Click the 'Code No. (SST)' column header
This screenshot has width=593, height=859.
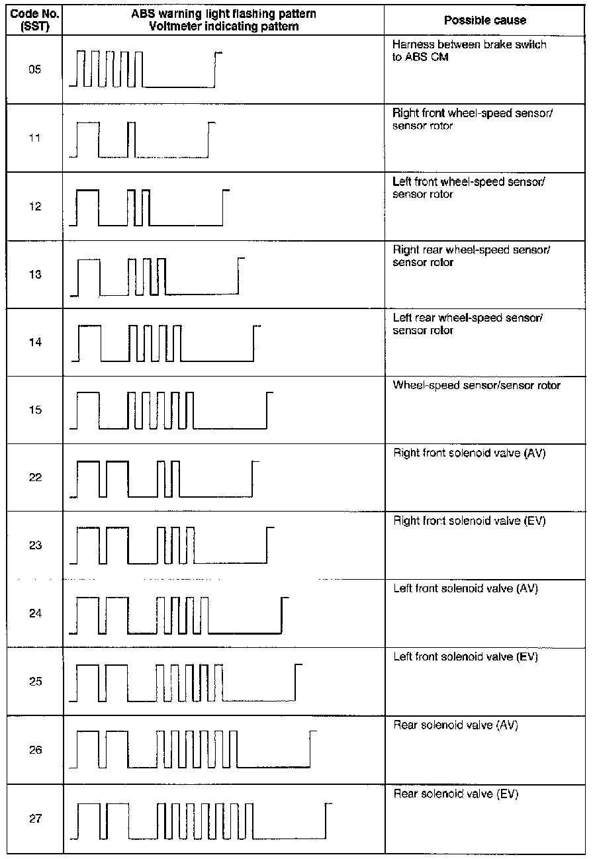[x=35, y=20]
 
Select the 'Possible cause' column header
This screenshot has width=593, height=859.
[x=484, y=20]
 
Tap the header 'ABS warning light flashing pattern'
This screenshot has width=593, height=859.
[x=224, y=15]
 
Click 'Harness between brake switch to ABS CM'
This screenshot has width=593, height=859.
[x=470, y=50]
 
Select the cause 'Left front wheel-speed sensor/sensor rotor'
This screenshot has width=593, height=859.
[x=469, y=188]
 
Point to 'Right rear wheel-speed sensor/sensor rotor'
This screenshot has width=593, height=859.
[x=471, y=255]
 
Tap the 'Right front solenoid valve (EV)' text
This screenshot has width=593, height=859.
[x=469, y=521]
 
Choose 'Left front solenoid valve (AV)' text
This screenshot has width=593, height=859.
[x=465, y=588]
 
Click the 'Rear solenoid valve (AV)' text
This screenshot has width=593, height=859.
[x=455, y=725]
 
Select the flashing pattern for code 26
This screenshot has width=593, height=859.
[x=192, y=750]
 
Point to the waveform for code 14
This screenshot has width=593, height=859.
[x=165, y=343]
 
